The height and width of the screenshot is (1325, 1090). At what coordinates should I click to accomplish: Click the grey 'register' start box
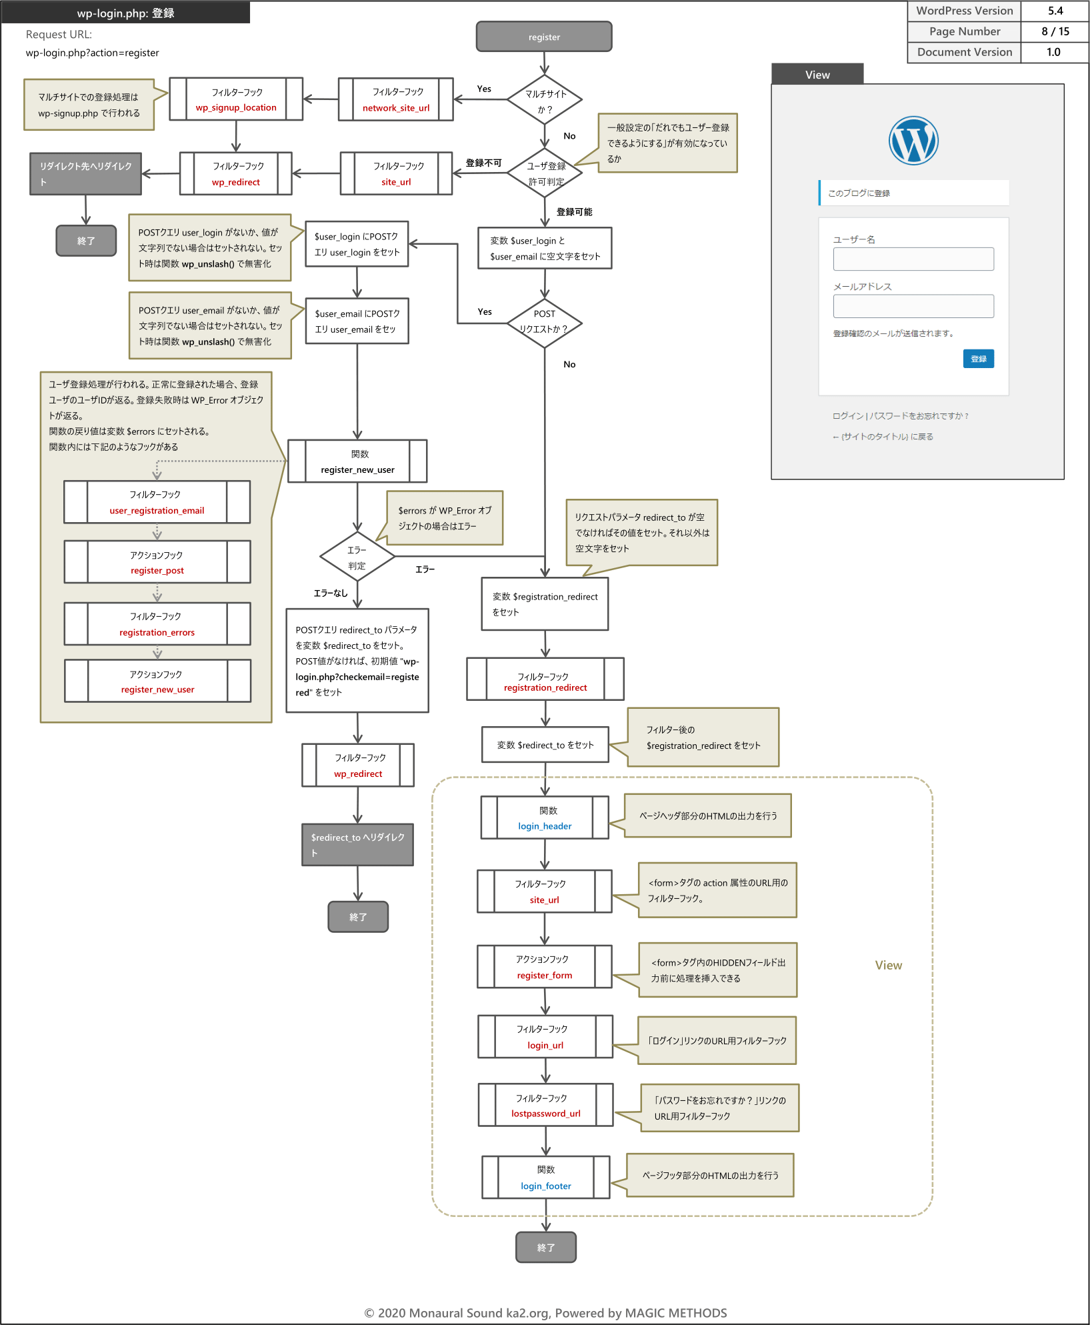[x=544, y=37]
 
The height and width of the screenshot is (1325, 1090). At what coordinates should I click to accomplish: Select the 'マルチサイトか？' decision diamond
[x=545, y=100]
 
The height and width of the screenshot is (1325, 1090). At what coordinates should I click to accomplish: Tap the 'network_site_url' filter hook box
[x=396, y=99]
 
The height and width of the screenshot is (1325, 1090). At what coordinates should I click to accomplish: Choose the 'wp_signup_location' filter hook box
[x=236, y=99]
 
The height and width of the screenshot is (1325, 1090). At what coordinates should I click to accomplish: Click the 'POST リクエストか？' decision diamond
[x=545, y=323]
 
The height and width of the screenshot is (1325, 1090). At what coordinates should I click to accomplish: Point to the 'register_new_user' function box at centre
[x=357, y=461]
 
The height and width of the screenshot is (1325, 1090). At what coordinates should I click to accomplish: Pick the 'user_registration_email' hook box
[x=157, y=502]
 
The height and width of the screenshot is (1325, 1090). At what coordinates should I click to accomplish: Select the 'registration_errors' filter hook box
[x=157, y=624]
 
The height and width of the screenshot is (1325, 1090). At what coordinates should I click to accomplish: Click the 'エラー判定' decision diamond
[x=357, y=557]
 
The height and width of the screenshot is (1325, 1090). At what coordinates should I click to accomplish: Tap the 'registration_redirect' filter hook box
[x=545, y=679]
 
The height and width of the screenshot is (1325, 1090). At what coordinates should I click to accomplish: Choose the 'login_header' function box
[x=545, y=818]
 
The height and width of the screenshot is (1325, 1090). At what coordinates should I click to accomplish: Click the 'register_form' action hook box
[x=545, y=966]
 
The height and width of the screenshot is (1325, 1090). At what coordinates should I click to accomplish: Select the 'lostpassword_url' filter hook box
[x=546, y=1105]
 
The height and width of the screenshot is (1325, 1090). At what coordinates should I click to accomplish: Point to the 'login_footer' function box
[x=546, y=1177]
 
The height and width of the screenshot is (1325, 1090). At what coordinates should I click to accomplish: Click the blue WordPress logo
[x=913, y=140]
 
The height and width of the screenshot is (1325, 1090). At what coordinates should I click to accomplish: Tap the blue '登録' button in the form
[x=979, y=359]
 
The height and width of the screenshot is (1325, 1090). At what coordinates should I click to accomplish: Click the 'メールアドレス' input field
[x=913, y=306]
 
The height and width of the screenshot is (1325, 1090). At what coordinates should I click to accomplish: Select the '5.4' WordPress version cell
[x=1055, y=11]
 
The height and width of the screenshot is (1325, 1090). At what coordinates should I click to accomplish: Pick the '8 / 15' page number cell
[x=1055, y=31]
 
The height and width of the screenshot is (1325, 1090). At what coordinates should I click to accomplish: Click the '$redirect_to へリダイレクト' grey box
[x=357, y=845]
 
